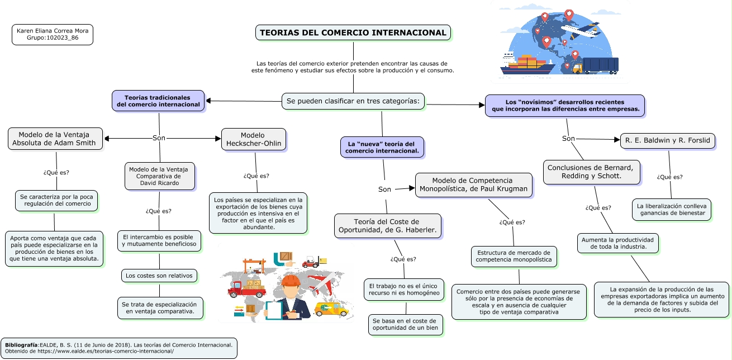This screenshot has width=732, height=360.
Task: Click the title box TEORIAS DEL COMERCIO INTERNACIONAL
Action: tap(353, 32)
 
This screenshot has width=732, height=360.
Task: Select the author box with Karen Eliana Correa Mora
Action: tap(53, 34)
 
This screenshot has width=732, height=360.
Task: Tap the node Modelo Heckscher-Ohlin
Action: tap(254, 139)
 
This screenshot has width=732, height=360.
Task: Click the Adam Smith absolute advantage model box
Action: tap(56, 139)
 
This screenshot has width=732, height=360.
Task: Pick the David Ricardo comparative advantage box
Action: tap(160, 176)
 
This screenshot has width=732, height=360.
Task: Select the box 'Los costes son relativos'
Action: tap(159, 276)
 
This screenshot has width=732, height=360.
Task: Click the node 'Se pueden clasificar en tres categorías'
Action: tap(353, 101)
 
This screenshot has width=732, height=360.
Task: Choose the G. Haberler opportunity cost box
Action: tap(388, 226)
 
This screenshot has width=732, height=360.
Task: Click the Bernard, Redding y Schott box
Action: tap(590, 172)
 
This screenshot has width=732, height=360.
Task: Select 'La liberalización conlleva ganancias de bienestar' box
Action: tap(672, 209)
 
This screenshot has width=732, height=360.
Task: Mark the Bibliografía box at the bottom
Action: tap(118, 348)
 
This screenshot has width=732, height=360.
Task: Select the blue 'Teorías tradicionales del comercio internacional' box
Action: tap(158, 101)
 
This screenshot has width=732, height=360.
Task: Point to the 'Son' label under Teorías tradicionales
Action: tap(159, 138)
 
